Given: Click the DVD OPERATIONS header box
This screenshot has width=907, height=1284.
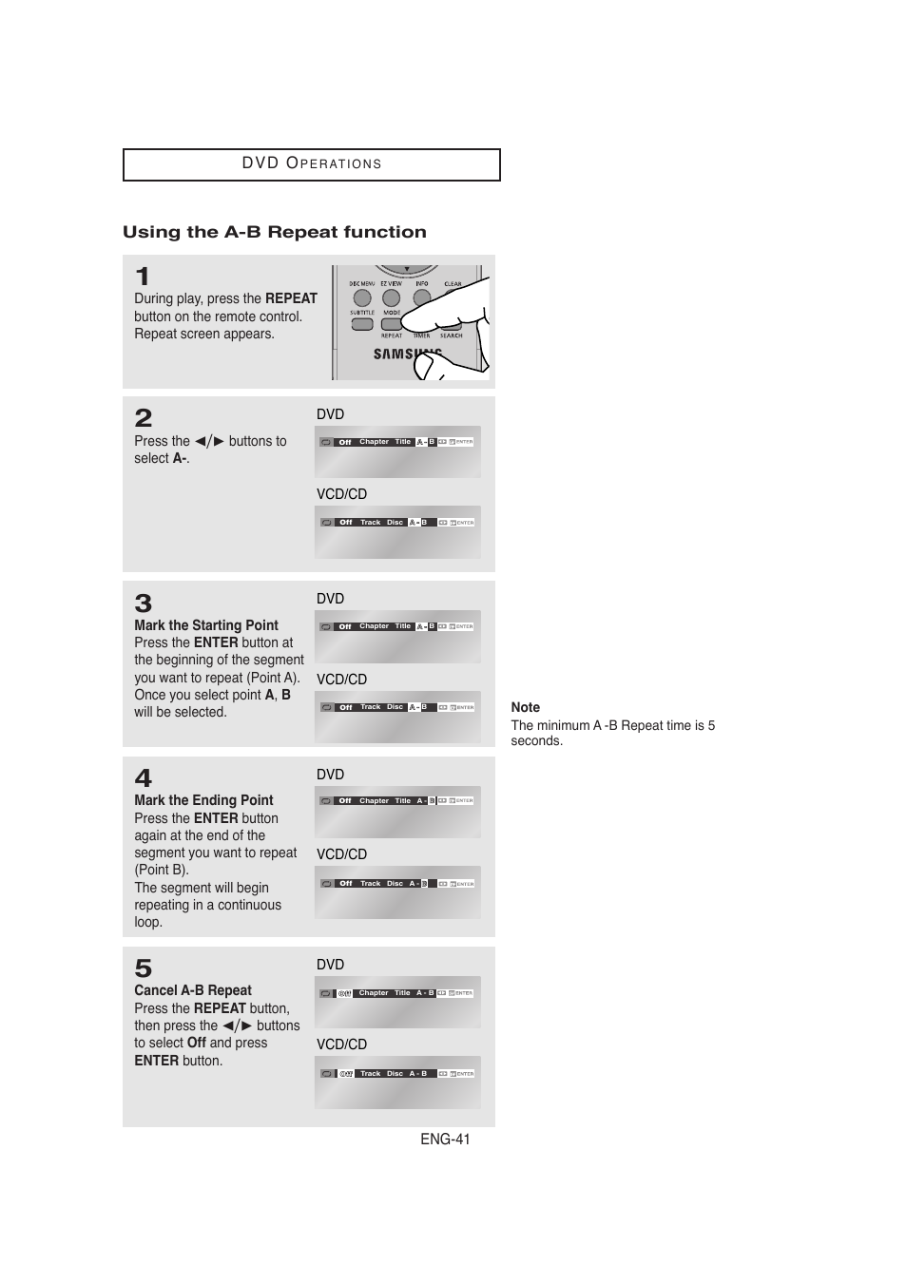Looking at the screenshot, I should (x=311, y=163).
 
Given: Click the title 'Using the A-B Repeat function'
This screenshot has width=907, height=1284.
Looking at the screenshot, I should (x=274, y=232).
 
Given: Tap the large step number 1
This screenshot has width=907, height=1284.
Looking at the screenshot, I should (x=143, y=277).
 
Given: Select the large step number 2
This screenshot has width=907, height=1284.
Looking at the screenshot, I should (x=144, y=418).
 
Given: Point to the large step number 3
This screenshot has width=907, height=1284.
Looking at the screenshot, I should (x=144, y=604).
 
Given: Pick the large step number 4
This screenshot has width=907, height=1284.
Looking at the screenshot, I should (x=144, y=778).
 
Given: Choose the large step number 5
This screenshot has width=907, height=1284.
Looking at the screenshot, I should (x=144, y=968).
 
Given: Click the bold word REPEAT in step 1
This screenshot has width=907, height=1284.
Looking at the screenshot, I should (x=291, y=298).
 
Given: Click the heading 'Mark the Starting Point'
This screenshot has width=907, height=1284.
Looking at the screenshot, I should (x=206, y=625).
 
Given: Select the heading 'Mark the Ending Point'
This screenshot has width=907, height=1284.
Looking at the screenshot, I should (x=203, y=800).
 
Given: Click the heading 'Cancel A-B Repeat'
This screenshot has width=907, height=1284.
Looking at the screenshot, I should (x=193, y=990).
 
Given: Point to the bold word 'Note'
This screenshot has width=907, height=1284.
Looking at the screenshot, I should (x=525, y=707).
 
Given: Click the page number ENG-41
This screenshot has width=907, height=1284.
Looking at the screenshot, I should (x=445, y=1140).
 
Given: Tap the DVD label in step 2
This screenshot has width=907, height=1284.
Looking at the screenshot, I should (x=330, y=414).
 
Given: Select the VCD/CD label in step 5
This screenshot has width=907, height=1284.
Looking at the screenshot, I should (x=341, y=1044).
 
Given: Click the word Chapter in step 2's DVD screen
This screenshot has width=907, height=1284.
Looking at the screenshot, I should (x=374, y=442).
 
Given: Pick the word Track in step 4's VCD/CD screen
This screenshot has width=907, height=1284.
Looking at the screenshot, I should (x=370, y=884).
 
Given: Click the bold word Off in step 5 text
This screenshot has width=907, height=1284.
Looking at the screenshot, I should (x=197, y=1043).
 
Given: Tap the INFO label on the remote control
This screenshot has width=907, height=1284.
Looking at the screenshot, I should (x=421, y=283).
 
